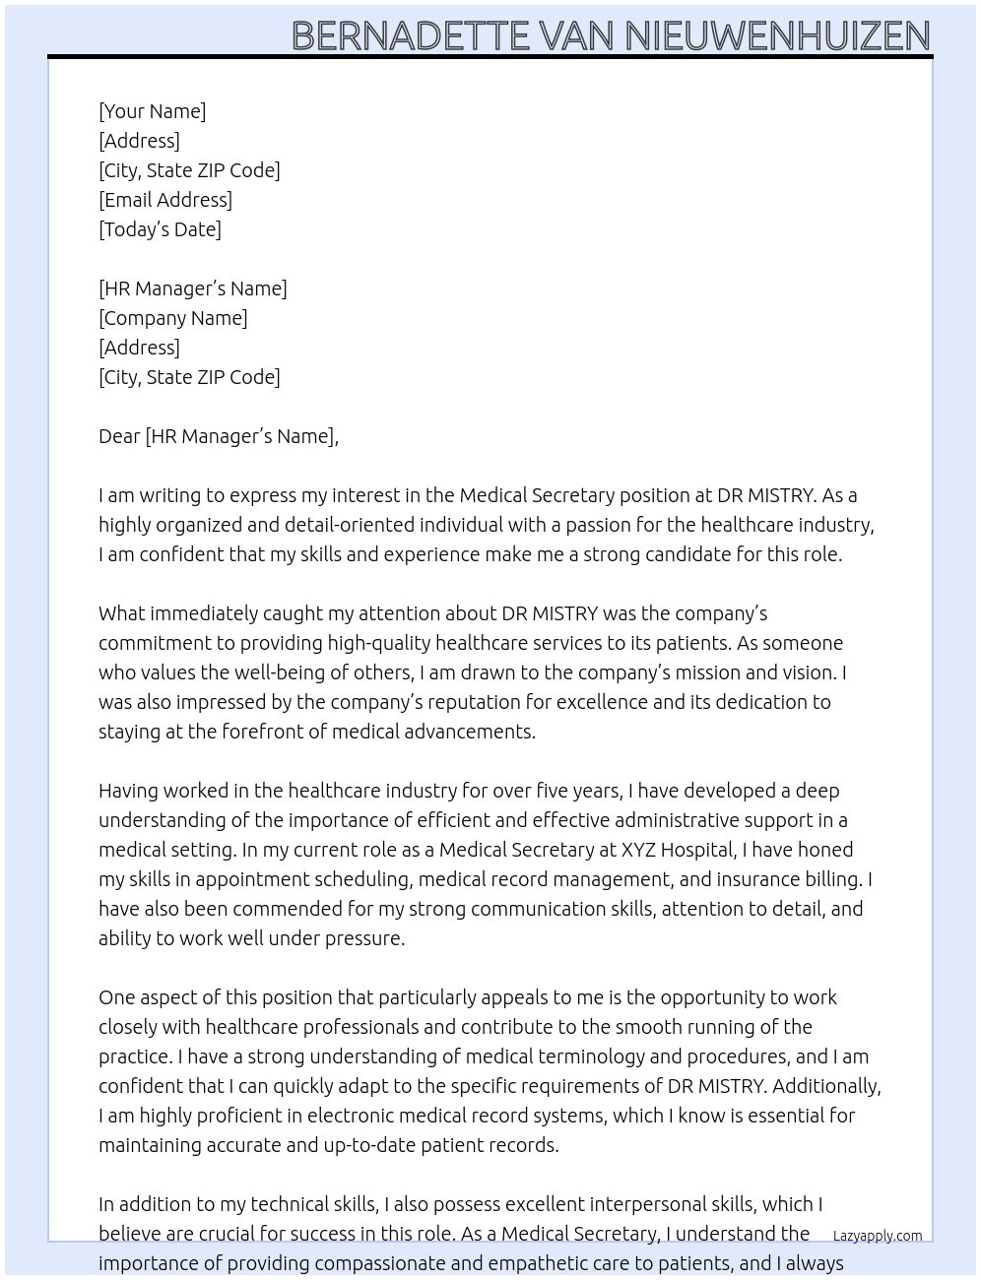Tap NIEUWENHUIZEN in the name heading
[777, 35]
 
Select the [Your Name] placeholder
[152, 111]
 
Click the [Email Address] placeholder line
[165, 200]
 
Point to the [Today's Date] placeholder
[160, 229]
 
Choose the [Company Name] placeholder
[172, 318]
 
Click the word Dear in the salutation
[119, 436]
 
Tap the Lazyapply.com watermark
[877, 1236]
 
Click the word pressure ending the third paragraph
[363, 938]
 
